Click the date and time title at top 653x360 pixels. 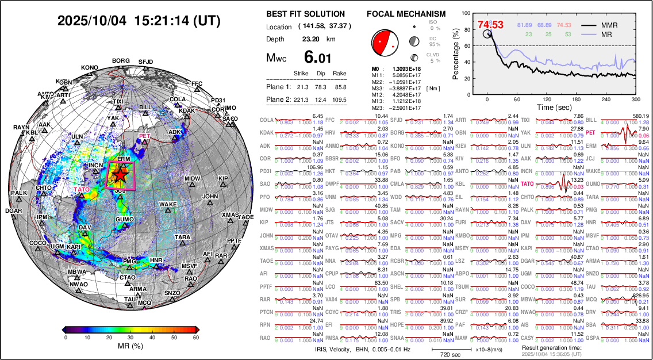(x=139, y=21)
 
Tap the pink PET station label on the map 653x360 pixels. (x=144, y=136)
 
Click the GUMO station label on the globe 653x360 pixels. (x=124, y=220)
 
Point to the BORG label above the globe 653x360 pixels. (x=121, y=60)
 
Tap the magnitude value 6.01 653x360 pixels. (x=318, y=58)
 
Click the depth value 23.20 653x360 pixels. (x=311, y=39)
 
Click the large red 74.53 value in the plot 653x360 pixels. (x=490, y=25)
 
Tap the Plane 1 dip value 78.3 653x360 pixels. (x=322, y=87)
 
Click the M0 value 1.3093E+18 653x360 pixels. (x=400, y=69)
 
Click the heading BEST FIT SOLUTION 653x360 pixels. (x=306, y=14)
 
